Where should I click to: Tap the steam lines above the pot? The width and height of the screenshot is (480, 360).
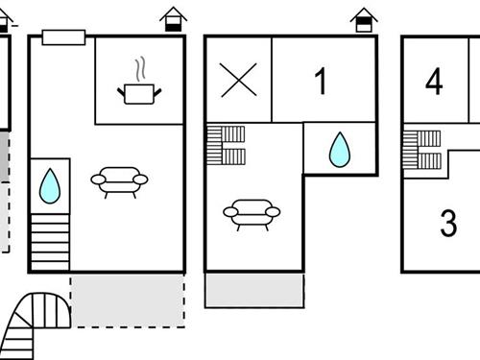coord(140,69)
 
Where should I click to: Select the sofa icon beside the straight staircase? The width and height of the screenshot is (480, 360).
coord(119,180)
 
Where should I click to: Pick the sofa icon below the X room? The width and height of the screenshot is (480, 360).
coord(252,213)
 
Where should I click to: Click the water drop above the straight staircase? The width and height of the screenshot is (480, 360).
coord(50,185)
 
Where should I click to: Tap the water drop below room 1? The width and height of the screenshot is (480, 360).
coord(339,150)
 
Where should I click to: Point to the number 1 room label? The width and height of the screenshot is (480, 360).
coord(321,82)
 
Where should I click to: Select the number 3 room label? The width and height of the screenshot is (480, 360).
coord(447,224)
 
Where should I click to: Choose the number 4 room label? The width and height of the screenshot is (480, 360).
coord(434,82)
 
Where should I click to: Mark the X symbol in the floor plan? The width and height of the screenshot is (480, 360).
coord(239,80)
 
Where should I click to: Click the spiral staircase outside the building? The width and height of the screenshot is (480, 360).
coord(36,326)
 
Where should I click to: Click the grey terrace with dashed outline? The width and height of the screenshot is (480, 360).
coord(127,300)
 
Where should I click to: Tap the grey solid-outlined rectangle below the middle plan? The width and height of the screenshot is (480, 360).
coord(254,291)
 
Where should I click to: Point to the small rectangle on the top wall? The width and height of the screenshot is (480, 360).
coord(64,37)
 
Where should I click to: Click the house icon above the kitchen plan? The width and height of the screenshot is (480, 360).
coord(173,19)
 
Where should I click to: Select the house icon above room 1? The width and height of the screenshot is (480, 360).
coord(364,19)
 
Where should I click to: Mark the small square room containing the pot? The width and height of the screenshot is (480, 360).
coord(139,81)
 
